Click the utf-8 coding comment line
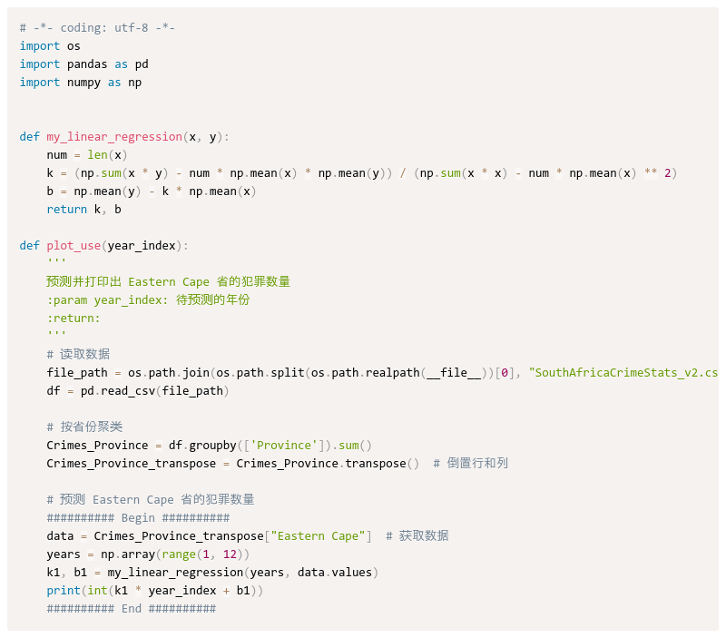pyautogui.click(x=97, y=28)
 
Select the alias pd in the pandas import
pyautogui.click(x=142, y=64)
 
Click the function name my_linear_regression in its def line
pyautogui.click(x=114, y=137)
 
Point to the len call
pyautogui.click(x=97, y=155)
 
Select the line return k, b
pyautogui.click(x=83, y=210)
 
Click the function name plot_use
pyautogui.click(x=74, y=246)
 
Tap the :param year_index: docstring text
pyautogui.click(x=148, y=299)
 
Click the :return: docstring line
pyautogui.click(x=74, y=318)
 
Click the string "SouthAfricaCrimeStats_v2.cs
pyautogui.click(x=623, y=373)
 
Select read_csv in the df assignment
pyautogui.click(x=131, y=391)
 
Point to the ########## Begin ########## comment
pyautogui.click(x=138, y=518)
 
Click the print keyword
pyautogui.click(x=64, y=591)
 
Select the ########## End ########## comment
pyautogui.click(x=132, y=609)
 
